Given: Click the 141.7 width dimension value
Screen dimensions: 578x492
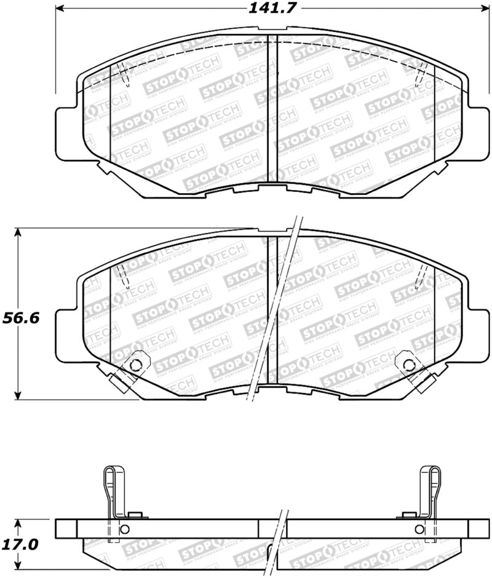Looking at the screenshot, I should (270, 9).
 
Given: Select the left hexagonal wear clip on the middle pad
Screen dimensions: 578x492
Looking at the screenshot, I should (135, 362).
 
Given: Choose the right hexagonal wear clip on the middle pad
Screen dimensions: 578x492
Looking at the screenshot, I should (407, 363).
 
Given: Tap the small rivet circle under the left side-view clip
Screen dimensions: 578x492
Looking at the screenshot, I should (124, 529).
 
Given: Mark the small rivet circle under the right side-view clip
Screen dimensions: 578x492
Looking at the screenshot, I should (419, 529).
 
